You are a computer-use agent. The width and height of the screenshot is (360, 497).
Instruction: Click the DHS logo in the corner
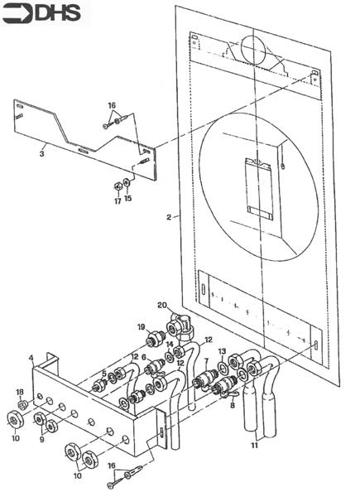coord(46,14)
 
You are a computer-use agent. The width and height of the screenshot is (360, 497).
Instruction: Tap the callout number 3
coord(41,152)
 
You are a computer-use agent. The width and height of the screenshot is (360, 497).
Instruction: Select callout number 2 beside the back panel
coord(168,217)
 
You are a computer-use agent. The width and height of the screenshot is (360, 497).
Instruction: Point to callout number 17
coord(118,200)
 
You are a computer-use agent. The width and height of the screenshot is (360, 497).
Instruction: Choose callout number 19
coord(142,326)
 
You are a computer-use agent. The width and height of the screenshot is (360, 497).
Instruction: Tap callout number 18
coord(20,391)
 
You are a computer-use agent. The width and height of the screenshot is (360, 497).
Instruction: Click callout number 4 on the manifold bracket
coord(31,358)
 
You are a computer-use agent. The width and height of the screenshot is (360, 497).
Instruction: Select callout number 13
coord(222,351)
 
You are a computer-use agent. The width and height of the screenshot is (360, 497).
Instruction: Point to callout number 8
coord(233,406)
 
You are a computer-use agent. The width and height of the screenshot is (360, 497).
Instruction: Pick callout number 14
coord(169,344)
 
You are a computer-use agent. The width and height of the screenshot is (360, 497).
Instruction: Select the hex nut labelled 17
coord(117,185)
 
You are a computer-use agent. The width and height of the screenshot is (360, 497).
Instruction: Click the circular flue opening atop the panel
coord(252,51)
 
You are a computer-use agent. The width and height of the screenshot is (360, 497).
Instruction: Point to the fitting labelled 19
coord(154,340)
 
